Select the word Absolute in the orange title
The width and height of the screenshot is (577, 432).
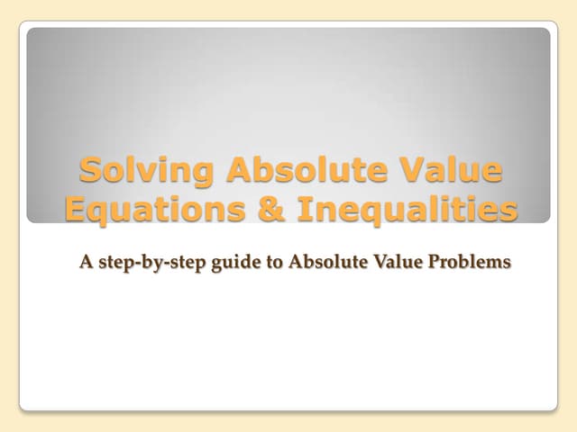coord(288,170)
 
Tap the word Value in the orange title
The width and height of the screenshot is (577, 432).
coord(446,170)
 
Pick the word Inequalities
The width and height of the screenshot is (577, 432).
coord(409,209)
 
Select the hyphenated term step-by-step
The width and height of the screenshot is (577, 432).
coord(145,264)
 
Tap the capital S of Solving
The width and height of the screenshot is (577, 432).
coord(90,170)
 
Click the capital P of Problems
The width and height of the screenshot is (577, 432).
coord(431,263)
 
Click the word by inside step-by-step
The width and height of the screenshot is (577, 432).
coord(145,264)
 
